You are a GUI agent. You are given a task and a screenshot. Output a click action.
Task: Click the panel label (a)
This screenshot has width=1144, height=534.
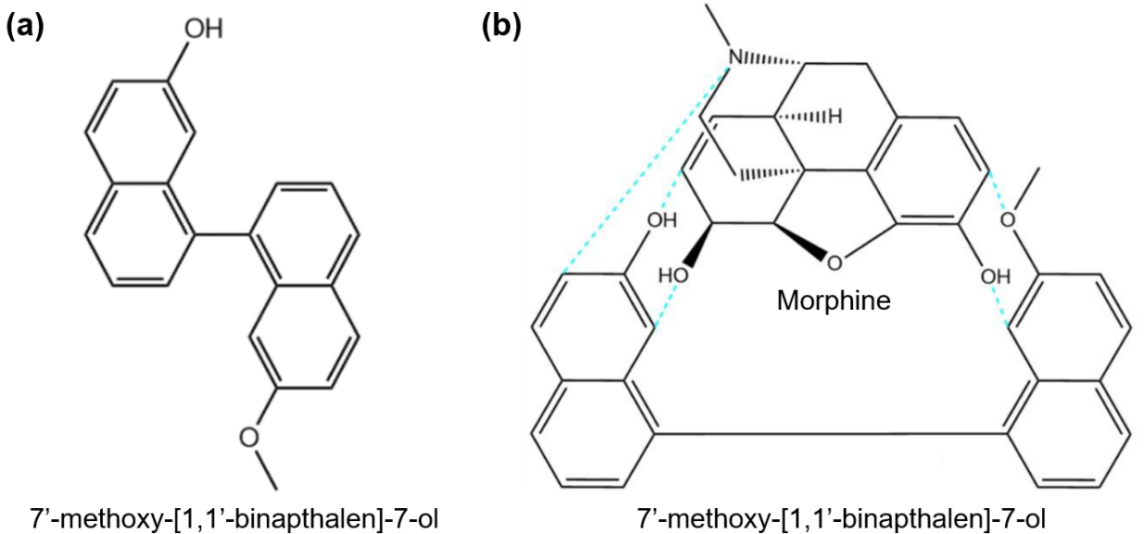pos(25,25)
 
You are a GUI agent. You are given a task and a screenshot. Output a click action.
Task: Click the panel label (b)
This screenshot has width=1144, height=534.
pos(501,25)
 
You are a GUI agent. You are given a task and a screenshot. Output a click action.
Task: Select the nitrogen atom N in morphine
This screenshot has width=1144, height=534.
pos(735,58)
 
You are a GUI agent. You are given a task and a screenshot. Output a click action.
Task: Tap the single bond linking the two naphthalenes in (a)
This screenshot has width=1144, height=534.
pos(221,234)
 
